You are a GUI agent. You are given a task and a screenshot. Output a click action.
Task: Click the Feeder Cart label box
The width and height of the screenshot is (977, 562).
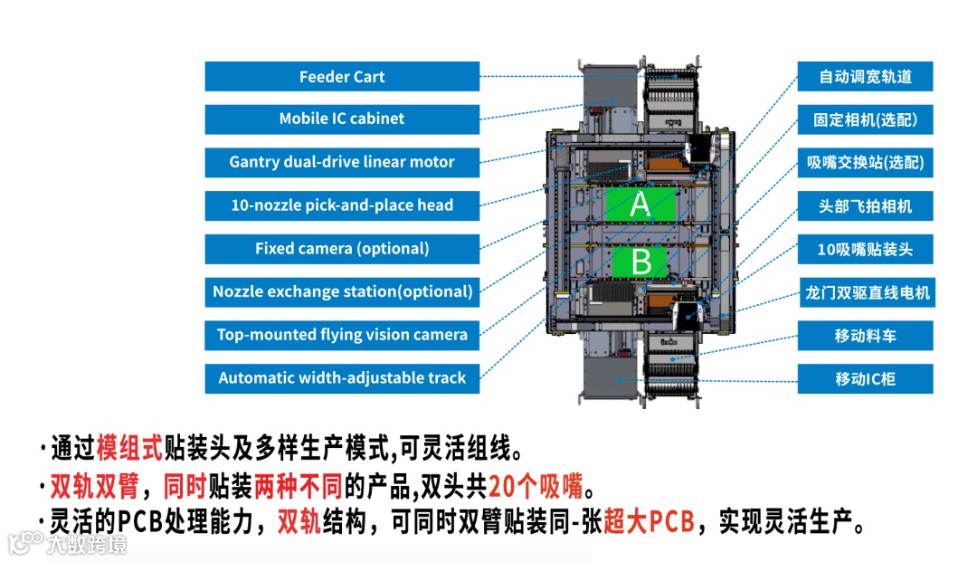(x=342, y=77)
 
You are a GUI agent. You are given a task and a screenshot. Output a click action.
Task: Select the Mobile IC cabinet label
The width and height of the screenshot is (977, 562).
(x=342, y=119)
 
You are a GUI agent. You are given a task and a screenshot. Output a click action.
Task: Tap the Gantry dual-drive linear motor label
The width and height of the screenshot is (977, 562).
(x=342, y=163)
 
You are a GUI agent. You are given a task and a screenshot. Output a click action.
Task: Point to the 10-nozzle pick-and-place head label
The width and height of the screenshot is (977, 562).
(x=342, y=205)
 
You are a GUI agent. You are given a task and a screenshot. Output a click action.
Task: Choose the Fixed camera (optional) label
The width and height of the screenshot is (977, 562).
(x=342, y=249)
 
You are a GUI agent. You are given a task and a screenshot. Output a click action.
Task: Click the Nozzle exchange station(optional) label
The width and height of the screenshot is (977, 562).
(x=342, y=291)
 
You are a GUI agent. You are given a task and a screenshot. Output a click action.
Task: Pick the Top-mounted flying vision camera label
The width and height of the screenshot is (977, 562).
(x=342, y=335)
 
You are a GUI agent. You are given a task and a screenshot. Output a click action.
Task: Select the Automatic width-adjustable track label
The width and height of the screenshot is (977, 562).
(x=342, y=378)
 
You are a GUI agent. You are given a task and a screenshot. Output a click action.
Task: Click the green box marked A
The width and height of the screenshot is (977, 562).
(x=640, y=205)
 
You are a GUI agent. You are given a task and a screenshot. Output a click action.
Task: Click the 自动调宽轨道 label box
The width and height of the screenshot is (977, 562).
(x=865, y=77)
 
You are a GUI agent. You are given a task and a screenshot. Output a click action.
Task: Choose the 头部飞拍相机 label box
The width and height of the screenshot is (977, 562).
(x=865, y=206)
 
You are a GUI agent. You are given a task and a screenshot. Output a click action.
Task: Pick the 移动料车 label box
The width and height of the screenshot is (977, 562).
(x=865, y=336)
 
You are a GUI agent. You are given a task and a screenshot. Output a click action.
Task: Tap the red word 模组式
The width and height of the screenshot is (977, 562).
(x=129, y=448)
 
